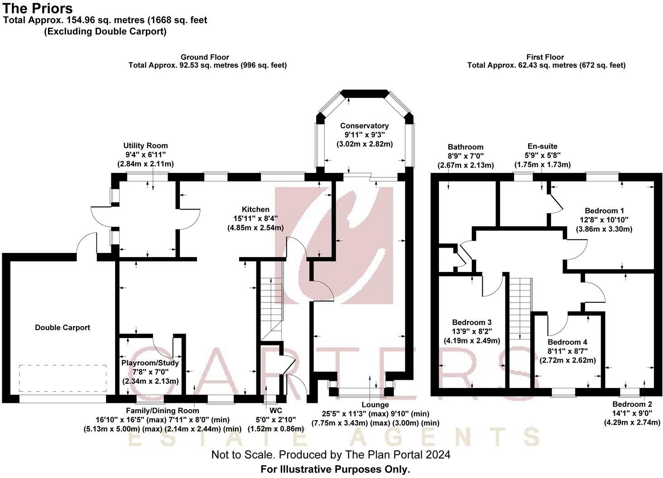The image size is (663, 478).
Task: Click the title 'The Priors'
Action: pos(38,9)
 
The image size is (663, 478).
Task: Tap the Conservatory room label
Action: pos(365,126)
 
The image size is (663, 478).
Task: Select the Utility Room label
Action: pos(146,146)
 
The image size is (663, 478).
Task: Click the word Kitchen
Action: pos(255,210)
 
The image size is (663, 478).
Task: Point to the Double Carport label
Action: pos(62,327)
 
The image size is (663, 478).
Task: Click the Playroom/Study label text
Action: pos(150,363)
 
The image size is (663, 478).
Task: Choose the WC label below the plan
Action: pos(275,411)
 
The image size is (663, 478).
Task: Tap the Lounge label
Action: pos(375,405)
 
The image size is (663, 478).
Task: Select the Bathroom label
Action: pos(466,147)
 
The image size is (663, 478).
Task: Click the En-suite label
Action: pos(543,146)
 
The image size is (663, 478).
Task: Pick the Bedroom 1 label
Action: pos(604,210)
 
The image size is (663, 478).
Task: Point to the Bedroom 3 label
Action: pos(472,322)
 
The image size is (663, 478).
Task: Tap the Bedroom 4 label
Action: pos(567,342)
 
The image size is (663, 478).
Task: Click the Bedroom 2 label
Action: pos(632,404)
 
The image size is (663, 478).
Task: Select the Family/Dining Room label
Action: pos(163,411)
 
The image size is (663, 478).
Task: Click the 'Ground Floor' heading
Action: pos(205,57)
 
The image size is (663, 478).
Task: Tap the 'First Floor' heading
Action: pos(545,57)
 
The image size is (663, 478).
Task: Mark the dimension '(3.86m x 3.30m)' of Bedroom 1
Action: pos(604,229)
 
